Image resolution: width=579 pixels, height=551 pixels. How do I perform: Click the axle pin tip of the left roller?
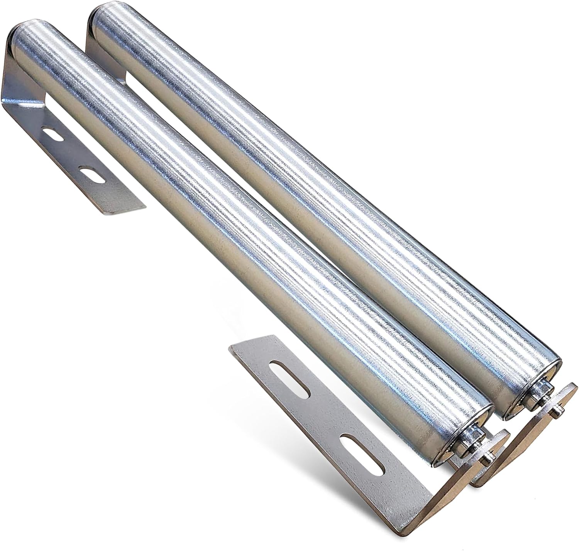coord(488,458)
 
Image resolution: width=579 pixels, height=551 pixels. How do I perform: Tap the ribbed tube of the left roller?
coord(232,231)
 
